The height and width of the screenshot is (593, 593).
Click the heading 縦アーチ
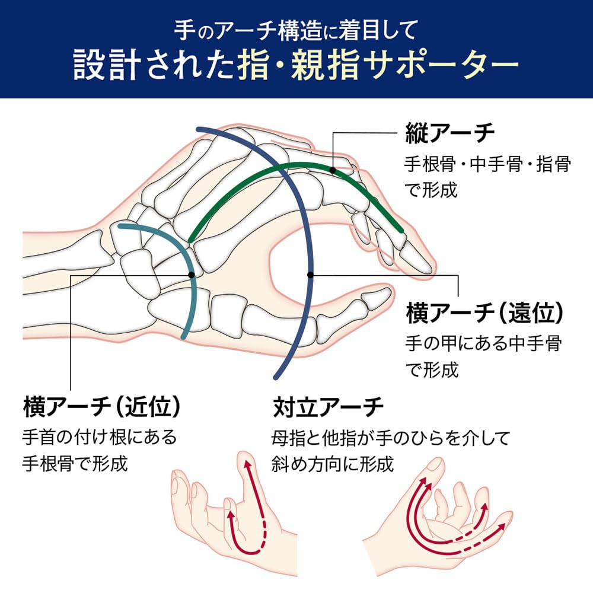(450, 133)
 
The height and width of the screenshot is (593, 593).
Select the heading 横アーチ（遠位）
(484, 313)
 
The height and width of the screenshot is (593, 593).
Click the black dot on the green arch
(333, 170)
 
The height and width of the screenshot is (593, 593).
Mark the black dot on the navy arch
(310, 275)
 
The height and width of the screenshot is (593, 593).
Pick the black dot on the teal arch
(191, 275)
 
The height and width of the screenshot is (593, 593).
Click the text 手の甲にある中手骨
(483, 343)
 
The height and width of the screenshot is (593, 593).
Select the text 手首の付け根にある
(100, 438)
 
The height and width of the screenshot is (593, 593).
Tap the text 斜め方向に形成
(332, 463)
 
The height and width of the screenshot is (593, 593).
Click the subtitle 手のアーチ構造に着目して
(296, 28)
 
